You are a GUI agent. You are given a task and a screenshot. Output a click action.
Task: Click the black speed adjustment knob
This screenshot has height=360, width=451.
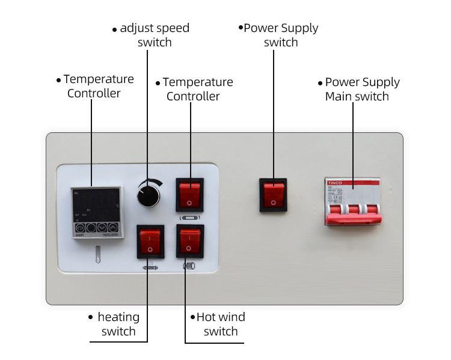click(x=146, y=194)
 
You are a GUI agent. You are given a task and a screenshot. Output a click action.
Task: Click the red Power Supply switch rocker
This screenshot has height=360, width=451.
click(x=274, y=194)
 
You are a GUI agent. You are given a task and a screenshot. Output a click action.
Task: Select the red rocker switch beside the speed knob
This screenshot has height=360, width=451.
click(x=189, y=194)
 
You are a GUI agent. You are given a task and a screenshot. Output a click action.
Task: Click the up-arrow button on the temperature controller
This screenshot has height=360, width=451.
click(x=112, y=228)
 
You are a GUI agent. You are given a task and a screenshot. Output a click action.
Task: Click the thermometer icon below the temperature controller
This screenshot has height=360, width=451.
click(x=96, y=257)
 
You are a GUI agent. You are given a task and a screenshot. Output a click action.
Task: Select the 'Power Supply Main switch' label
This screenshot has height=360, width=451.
click(x=361, y=89)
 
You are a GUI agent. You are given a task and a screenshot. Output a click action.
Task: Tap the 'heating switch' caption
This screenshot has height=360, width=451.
click(x=118, y=324)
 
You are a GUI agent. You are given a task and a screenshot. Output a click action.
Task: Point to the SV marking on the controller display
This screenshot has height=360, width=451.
click(x=88, y=210)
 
